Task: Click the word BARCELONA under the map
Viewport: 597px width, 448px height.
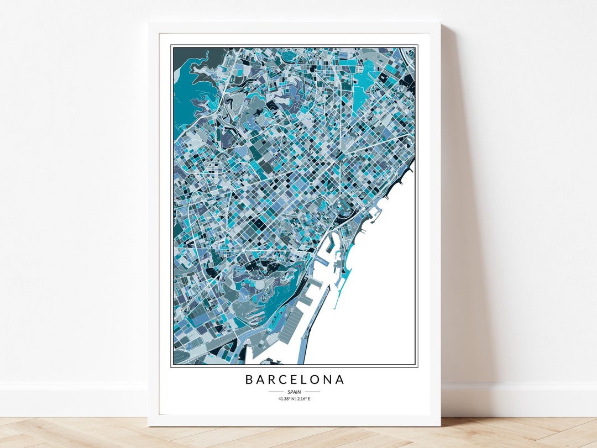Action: click(x=295, y=380)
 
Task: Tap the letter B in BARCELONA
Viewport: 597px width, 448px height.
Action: click(x=249, y=380)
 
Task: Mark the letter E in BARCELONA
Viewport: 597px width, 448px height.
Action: click(x=295, y=380)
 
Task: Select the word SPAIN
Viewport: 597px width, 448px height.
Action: click(x=294, y=392)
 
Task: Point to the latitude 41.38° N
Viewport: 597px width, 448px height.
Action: click(x=286, y=398)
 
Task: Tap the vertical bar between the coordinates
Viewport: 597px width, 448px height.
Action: click(x=295, y=398)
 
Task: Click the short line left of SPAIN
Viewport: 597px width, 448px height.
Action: click(x=275, y=392)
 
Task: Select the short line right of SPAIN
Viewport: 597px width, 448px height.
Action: click(x=313, y=392)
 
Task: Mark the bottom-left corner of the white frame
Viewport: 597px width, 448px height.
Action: click(x=149, y=425)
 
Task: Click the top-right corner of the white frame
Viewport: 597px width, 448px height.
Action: click(x=439, y=24)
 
